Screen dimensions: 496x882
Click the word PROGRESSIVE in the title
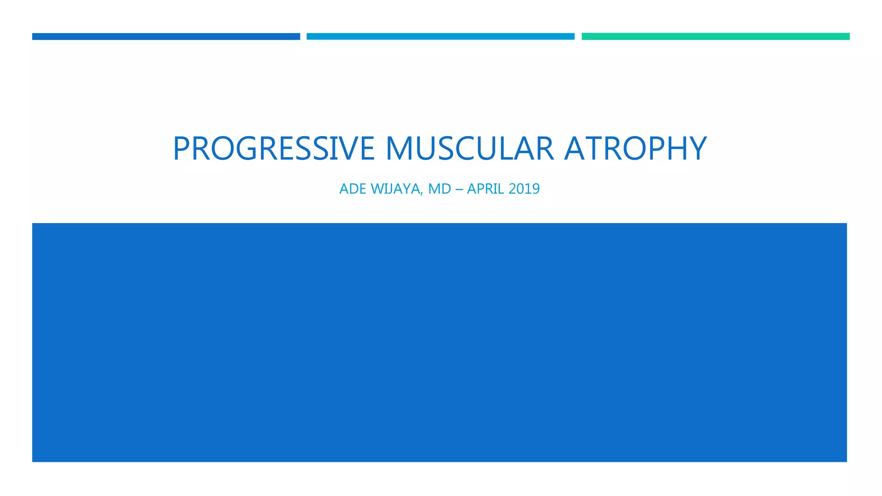click(x=273, y=149)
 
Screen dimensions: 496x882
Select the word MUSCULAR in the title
click(x=469, y=149)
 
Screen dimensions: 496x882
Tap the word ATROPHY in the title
click(x=635, y=149)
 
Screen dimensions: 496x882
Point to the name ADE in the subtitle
click(x=353, y=189)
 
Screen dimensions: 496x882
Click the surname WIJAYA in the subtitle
click(x=395, y=189)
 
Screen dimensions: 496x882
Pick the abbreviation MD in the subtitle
click(x=440, y=189)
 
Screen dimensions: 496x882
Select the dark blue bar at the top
click(x=166, y=37)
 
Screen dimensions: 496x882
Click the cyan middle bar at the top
click(x=440, y=37)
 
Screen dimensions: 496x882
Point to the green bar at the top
click(x=715, y=37)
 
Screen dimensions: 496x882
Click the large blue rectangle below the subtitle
click(x=439, y=342)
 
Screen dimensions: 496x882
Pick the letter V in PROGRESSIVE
click(x=342, y=149)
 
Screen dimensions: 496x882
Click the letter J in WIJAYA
click(x=389, y=189)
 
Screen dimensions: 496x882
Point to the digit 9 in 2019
click(x=535, y=189)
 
